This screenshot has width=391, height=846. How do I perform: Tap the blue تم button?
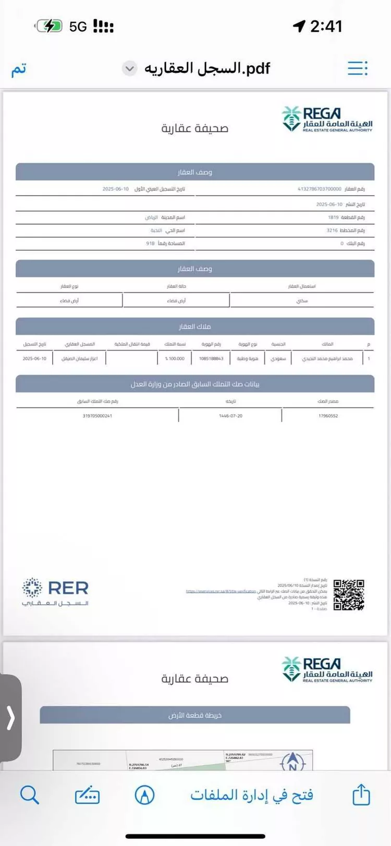[19, 69]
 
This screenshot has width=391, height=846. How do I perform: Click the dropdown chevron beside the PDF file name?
[130, 68]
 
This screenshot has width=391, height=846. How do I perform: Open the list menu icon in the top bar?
[358, 68]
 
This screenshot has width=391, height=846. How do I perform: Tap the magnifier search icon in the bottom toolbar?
[29, 795]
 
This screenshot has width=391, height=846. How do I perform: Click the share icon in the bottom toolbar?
[361, 795]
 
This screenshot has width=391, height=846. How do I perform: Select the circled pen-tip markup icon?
[144, 795]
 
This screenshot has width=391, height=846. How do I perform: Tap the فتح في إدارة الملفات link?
[251, 795]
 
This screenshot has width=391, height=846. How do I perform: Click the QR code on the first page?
[349, 594]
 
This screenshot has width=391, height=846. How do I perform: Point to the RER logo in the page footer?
[55, 592]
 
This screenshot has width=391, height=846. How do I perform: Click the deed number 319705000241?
[97, 416]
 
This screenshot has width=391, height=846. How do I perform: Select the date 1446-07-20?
[230, 416]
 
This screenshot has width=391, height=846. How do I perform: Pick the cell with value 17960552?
[328, 416]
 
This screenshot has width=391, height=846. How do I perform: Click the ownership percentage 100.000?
[175, 358]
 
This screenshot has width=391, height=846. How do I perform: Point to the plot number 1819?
[333, 217]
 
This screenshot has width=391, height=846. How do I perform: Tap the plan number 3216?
[332, 230]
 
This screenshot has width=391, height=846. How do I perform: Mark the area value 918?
[150, 243]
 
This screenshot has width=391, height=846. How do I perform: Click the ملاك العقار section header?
[195, 326]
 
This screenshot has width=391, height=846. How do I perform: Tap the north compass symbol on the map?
[292, 762]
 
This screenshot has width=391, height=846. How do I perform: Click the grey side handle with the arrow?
[10, 718]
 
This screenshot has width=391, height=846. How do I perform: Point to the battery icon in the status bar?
[49, 26]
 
